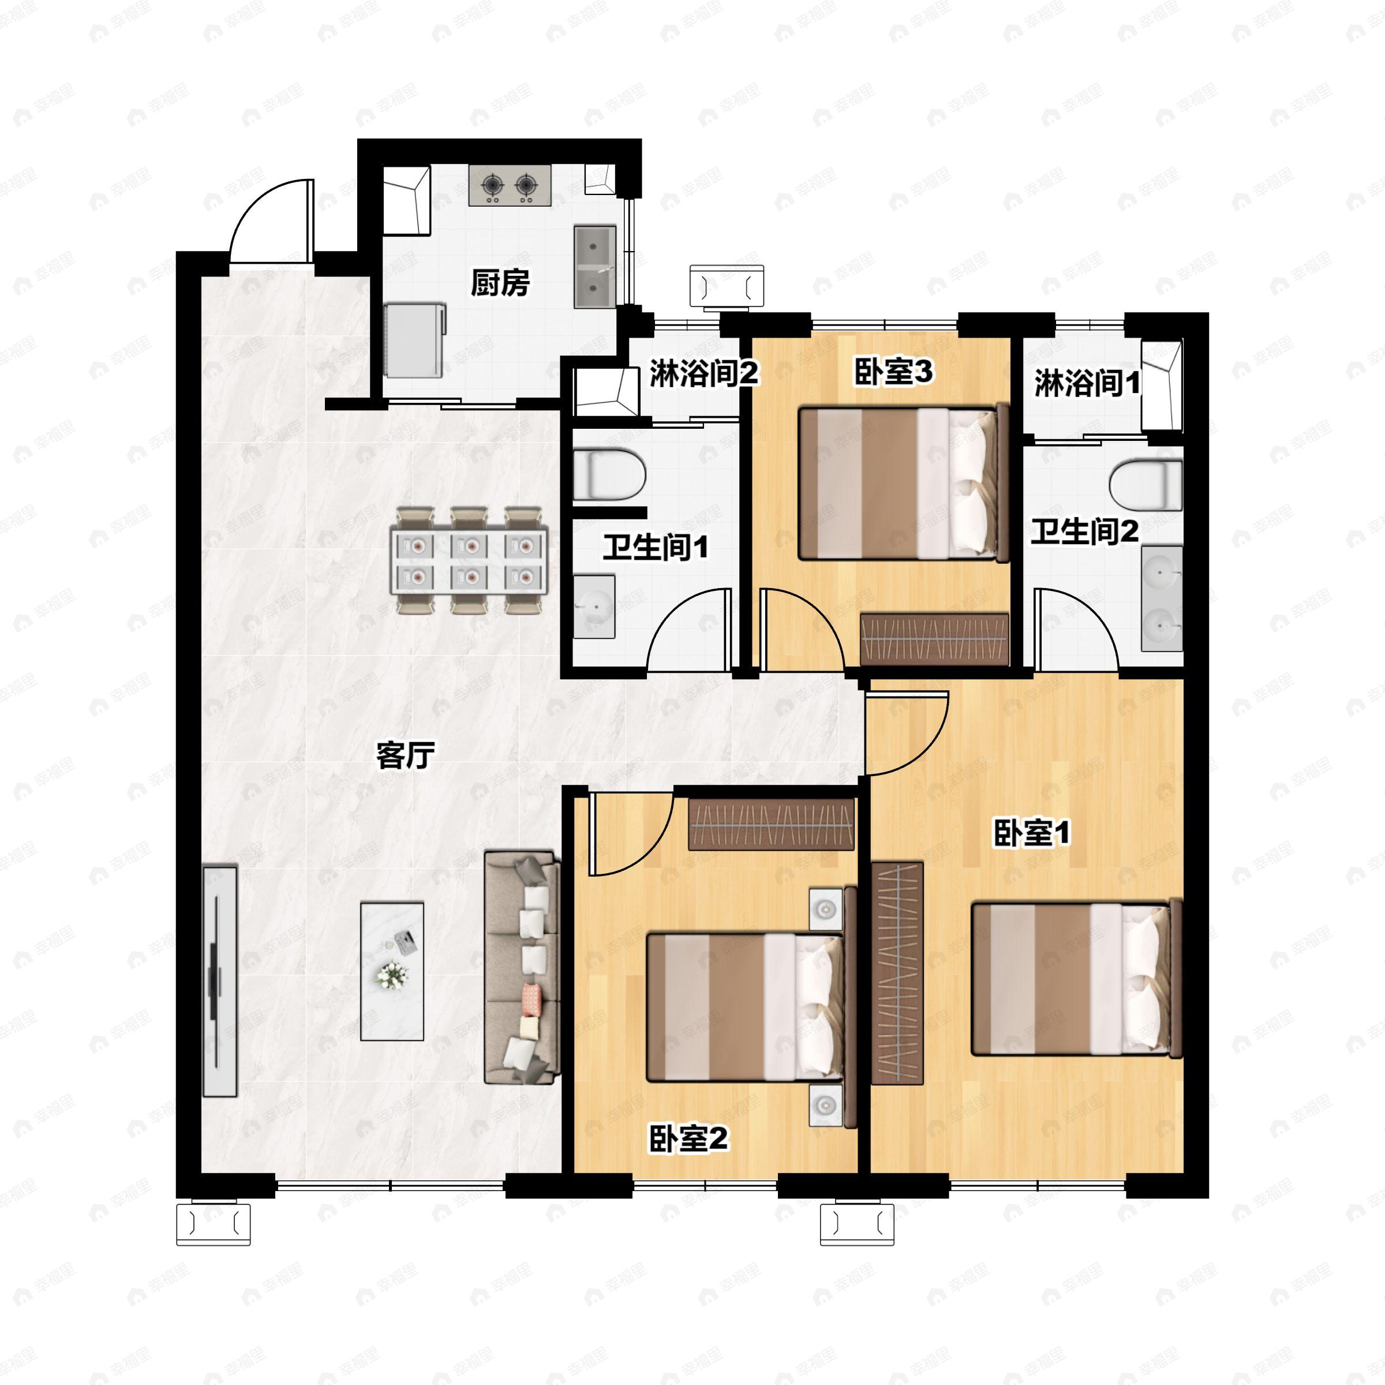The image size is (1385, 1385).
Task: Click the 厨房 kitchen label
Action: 500,283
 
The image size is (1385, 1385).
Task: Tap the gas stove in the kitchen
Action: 510,186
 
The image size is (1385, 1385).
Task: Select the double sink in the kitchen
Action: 595,267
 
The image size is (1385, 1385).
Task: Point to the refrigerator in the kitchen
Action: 415,339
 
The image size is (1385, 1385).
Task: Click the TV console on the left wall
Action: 219,982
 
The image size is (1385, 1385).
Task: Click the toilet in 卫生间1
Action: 610,474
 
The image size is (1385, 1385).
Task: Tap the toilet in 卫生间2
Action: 1146,485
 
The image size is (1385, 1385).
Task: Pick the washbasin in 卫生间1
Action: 594,607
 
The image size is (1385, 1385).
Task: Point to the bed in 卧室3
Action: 904,482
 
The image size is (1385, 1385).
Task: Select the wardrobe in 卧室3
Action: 934,639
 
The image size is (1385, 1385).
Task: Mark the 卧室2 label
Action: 688,1139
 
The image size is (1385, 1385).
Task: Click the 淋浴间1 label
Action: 1087,384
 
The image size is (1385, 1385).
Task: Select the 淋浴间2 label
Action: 705,373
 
